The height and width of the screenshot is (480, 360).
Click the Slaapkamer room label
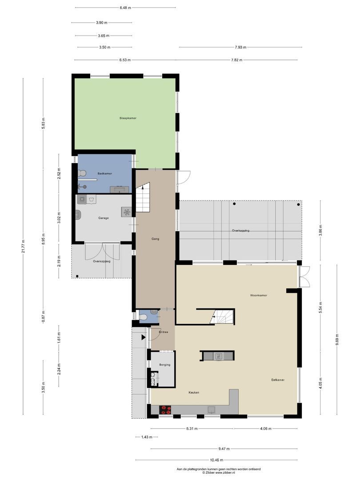point(128,118)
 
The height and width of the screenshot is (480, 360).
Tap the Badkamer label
point(104,173)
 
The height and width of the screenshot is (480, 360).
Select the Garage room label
point(104,218)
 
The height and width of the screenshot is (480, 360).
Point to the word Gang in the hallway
point(155,239)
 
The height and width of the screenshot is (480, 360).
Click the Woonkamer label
point(259,295)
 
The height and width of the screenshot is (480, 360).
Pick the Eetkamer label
point(278,380)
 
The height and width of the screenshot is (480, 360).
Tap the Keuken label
point(194,392)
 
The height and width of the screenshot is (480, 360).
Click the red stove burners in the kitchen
point(166,409)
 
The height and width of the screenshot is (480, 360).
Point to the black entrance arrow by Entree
point(143,338)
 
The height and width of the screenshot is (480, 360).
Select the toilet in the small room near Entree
point(143,317)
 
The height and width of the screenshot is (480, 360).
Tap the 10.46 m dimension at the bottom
point(216,460)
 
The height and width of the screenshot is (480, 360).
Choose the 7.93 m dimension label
point(240,47)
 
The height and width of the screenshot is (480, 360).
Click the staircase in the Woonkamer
point(222,317)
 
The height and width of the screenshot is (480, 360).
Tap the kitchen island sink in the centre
point(218,356)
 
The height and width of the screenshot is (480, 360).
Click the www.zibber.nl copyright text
point(219,472)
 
